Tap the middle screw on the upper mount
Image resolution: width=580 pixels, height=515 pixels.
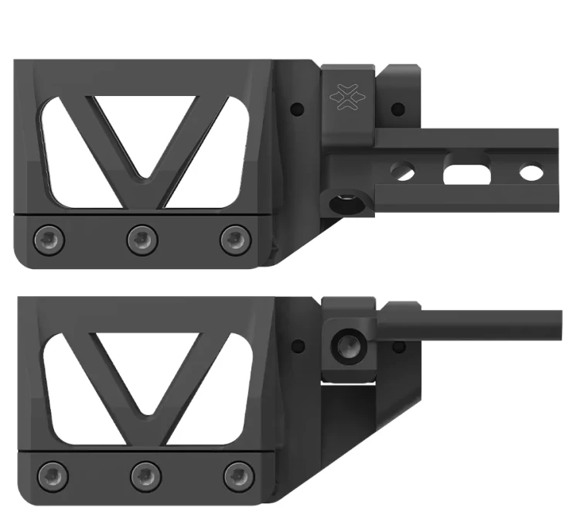[x=142, y=239]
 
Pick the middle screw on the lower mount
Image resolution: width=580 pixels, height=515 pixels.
[x=145, y=473]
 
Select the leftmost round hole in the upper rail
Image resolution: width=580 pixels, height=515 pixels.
[x=403, y=171]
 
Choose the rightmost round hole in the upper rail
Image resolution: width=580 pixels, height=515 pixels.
[x=531, y=171]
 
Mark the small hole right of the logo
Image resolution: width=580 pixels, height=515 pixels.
[x=397, y=109]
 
